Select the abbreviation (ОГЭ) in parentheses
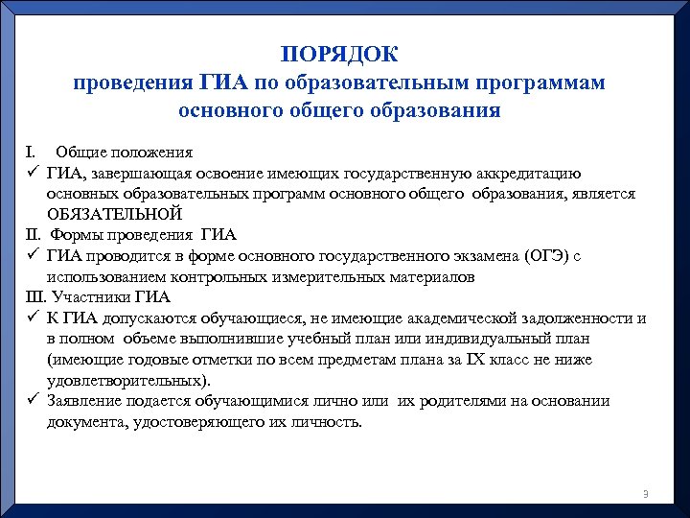545,255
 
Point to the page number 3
646,494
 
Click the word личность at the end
327,422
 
